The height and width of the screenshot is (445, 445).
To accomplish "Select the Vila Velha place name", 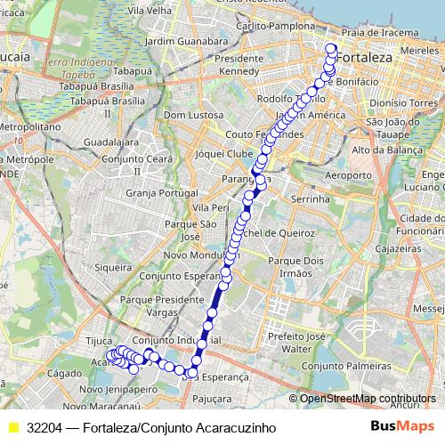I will coord(149,12).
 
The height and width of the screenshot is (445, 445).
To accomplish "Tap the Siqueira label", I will coord(113,265).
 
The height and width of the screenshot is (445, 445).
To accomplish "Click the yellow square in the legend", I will coord(12,427).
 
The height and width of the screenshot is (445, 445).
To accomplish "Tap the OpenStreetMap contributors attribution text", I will coord(368,398).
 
